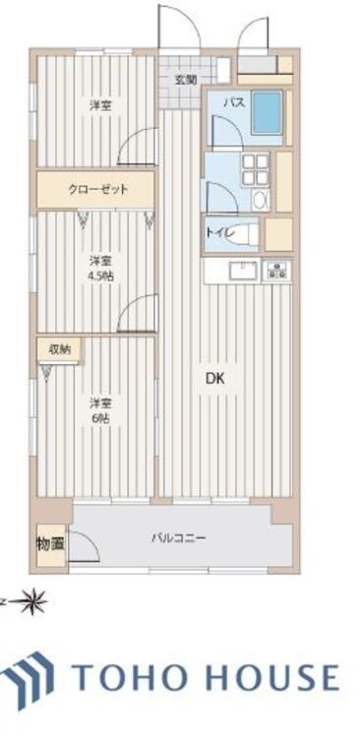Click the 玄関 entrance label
pos(186,80)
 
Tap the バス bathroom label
pos(233,101)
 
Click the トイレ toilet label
pos(217,233)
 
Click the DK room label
pos(213,377)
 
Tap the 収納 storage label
pos(48,347)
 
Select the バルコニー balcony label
pos(178,537)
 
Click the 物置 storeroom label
pos(49,542)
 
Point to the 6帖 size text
pos(99,416)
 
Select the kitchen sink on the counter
pos(240,271)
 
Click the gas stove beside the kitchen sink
pos(277,270)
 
